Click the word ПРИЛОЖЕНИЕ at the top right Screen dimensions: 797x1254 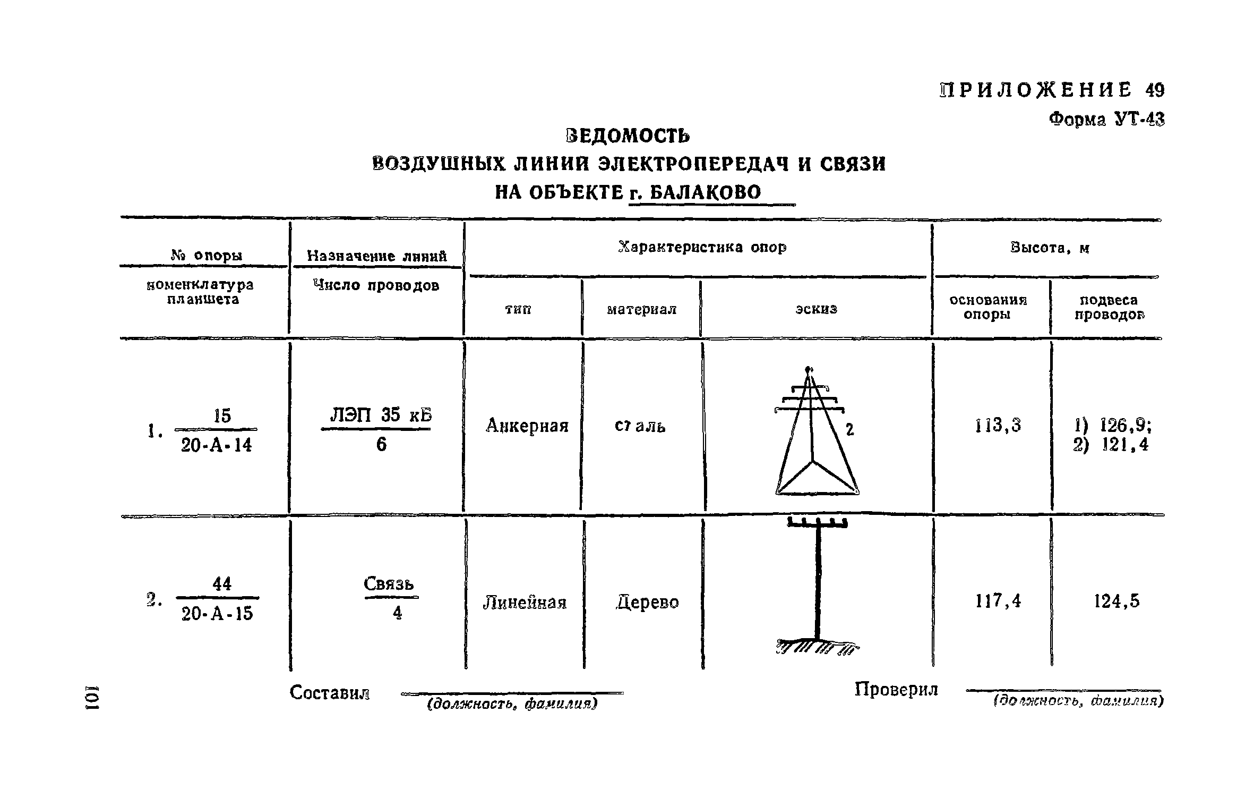(1035, 90)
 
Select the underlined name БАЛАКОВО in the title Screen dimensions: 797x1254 (705, 192)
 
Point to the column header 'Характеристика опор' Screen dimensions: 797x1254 (702, 248)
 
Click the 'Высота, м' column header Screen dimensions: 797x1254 (1050, 248)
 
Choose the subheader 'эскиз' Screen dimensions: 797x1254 (816, 309)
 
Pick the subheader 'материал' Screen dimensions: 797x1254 (641, 309)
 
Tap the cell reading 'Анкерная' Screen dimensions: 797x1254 (527, 426)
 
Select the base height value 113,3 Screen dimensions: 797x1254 (998, 426)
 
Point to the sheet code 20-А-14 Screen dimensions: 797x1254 (216, 445)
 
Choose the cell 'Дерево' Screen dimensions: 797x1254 (647, 603)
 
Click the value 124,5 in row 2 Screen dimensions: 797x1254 (1116, 601)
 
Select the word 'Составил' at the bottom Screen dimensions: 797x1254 (329, 693)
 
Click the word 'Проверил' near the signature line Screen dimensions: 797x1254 (896, 690)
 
